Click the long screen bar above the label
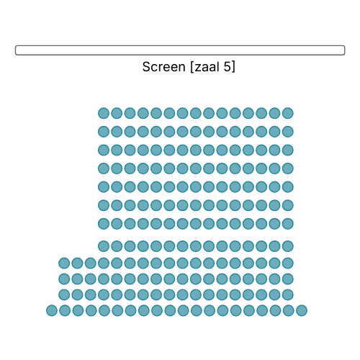(x=180, y=50)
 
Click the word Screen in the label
(x=163, y=67)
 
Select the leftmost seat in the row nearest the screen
(x=104, y=113)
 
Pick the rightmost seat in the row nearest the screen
(x=288, y=113)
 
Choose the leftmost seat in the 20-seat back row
(x=52, y=310)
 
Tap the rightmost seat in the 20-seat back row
(x=302, y=310)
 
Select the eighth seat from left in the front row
(x=196, y=113)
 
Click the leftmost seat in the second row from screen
(x=104, y=132)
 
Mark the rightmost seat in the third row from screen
(x=288, y=150)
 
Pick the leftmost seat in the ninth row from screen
(x=64, y=263)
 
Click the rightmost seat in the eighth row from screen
(x=288, y=246)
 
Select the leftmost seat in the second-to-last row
(x=64, y=294)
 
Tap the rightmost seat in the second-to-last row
(x=288, y=294)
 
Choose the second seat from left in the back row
(x=65, y=310)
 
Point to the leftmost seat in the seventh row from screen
(x=104, y=224)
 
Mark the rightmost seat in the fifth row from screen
(x=288, y=186)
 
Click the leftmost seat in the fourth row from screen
(x=104, y=168)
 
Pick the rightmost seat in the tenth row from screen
(x=288, y=279)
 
